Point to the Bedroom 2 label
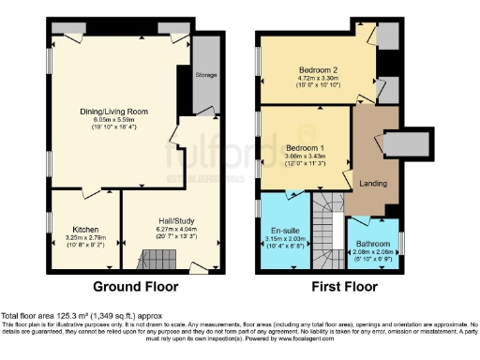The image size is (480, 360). (x=318, y=70)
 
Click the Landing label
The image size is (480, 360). (x=373, y=183)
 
